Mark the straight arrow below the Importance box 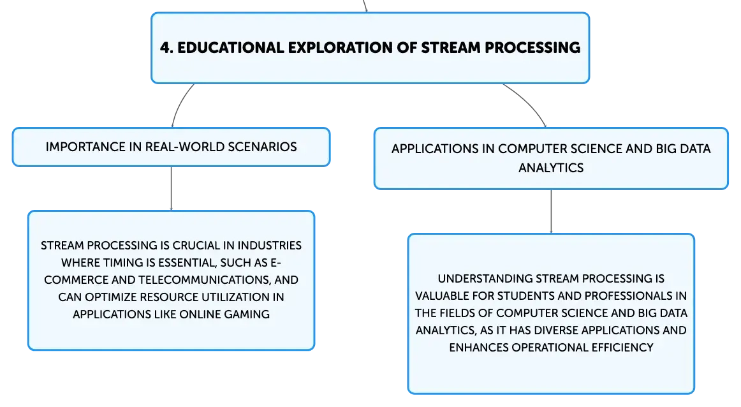tap(171, 189)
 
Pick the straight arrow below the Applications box tap(551, 212)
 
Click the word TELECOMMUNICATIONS tap(205, 280)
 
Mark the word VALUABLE tap(442, 296)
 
